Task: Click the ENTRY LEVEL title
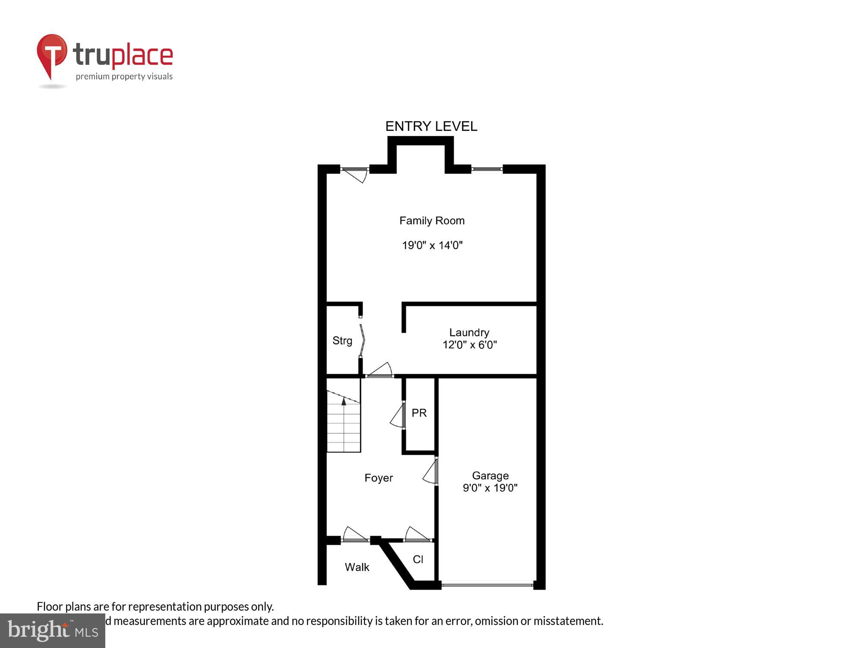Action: coord(431,126)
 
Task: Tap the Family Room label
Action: coord(432,221)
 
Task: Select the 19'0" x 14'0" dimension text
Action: coord(432,245)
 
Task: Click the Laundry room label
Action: coord(469,332)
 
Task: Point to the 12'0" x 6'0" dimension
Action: coord(469,345)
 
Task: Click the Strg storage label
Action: coord(342,341)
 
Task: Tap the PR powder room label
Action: coord(419,413)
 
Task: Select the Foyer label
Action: coord(378,478)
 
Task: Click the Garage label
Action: coord(490,476)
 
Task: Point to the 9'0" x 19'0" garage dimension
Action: coord(490,488)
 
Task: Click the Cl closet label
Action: coord(418,559)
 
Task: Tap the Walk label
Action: coord(357,567)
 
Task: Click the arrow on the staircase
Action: coord(344,401)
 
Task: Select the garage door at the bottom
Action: coord(487,585)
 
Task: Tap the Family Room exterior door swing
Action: coord(356,174)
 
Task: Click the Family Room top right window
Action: coord(487,169)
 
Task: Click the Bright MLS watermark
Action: coord(52,631)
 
